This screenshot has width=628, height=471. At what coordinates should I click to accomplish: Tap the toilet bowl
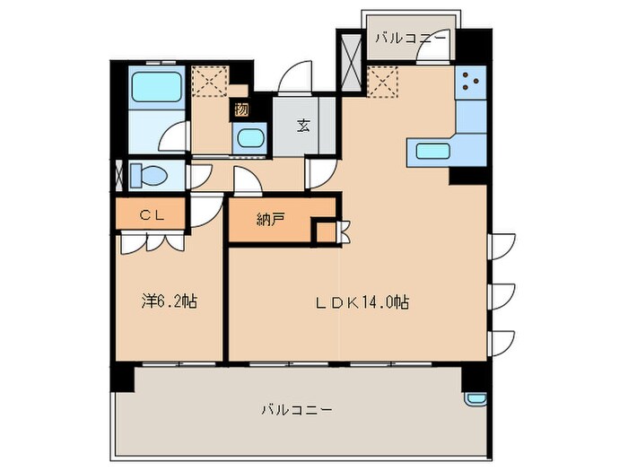[x=143, y=175]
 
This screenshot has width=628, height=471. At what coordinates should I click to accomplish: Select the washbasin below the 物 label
[x=249, y=139]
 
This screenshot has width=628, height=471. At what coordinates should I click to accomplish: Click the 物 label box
[x=240, y=110]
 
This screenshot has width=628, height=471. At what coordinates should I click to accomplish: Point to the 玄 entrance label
[x=304, y=126]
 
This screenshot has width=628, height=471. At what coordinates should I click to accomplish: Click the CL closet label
[x=149, y=215]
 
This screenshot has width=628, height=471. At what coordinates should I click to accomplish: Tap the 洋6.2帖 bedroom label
[x=169, y=302]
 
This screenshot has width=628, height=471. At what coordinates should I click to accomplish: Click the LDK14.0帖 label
[x=363, y=302]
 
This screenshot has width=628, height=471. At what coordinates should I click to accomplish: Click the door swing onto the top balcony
[x=435, y=53]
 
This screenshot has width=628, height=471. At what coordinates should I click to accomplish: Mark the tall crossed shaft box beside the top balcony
[x=349, y=62]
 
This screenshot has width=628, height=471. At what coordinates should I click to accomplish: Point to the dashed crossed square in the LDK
[x=383, y=83]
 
